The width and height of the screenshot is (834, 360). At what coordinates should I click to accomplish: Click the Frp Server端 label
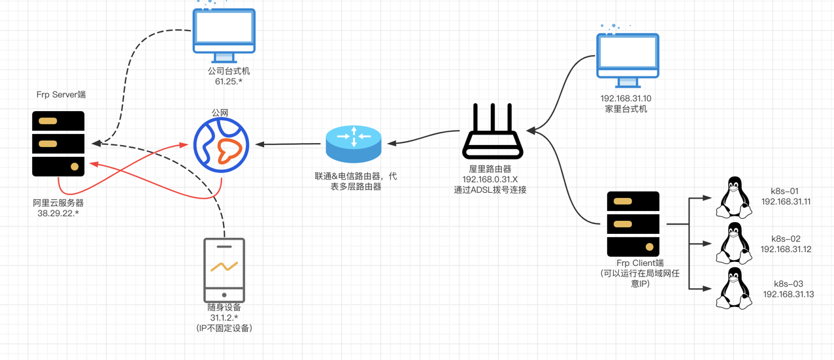tap(61, 95)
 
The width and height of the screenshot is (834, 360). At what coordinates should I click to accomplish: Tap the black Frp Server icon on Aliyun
tap(59, 144)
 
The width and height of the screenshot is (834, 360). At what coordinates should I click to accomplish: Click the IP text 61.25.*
tap(229, 82)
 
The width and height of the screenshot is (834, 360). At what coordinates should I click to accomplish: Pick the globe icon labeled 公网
tap(222, 145)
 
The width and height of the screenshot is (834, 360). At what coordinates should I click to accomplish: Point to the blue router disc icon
tap(354, 144)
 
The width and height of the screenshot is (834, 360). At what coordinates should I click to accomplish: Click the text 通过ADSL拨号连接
tap(490, 190)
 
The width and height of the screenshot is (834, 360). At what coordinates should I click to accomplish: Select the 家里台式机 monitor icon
tap(627, 59)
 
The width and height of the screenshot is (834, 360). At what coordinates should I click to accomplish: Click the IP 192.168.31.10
tap(626, 99)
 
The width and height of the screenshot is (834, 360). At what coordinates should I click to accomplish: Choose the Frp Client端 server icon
tap(633, 224)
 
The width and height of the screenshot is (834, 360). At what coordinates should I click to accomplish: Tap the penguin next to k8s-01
tap(733, 197)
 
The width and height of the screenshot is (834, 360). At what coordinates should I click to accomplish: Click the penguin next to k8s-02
tap(733, 243)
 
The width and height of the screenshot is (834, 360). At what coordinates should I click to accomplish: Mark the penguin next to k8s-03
tap(733, 288)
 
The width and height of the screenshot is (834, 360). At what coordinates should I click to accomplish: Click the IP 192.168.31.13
tap(788, 294)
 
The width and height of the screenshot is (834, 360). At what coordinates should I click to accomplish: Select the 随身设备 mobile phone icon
tap(224, 269)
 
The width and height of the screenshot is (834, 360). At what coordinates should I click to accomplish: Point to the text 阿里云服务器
tap(58, 203)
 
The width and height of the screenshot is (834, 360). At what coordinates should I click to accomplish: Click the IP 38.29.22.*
tap(58, 213)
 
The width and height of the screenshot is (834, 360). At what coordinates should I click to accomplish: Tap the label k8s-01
tap(785, 191)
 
